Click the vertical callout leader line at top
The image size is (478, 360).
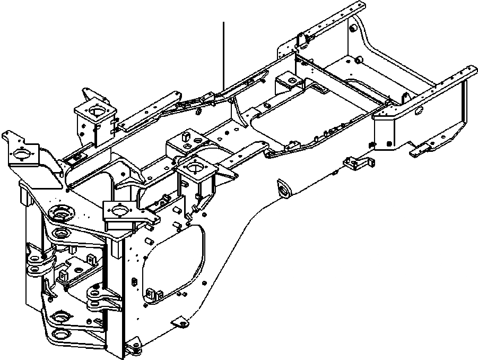(224, 53)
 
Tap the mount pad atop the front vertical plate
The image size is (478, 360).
(122, 211)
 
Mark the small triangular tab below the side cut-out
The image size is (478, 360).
(180, 323)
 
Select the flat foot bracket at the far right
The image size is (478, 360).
(427, 149)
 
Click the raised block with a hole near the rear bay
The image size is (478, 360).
(290, 82)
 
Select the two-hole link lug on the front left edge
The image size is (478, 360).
(37, 265)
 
